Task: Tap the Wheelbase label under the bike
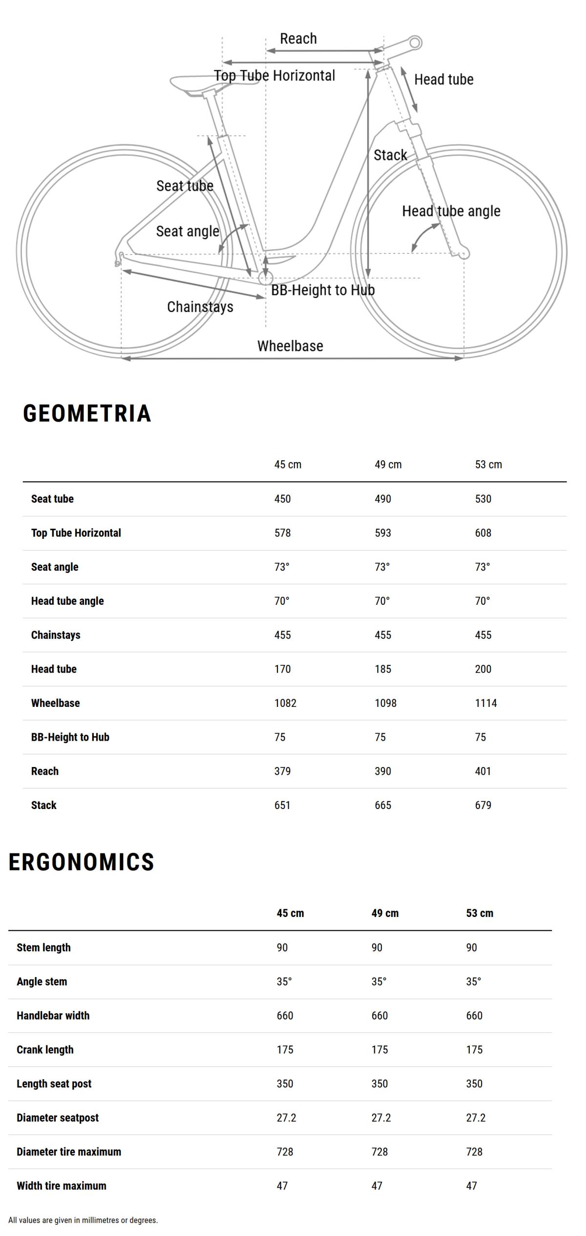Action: (290, 346)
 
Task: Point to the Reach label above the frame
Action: (298, 39)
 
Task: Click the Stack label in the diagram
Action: (390, 155)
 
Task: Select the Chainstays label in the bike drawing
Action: (200, 307)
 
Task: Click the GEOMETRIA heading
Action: (87, 413)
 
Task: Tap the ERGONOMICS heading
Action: (82, 862)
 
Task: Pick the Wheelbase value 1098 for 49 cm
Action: (385, 703)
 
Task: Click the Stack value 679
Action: (483, 805)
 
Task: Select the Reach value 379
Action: (282, 771)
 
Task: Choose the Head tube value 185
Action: (383, 669)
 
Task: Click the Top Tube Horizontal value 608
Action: (483, 533)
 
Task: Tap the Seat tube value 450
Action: (282, 499)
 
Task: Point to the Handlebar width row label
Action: (53, 1016)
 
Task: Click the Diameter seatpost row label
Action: (58, 1118)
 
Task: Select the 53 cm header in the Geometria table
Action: (488, 465)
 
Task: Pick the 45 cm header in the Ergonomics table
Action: (290, 913)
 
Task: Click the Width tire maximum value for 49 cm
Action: (377, 1186)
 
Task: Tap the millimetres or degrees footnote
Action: (83, 1220)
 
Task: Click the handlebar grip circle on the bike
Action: (415, 43)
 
